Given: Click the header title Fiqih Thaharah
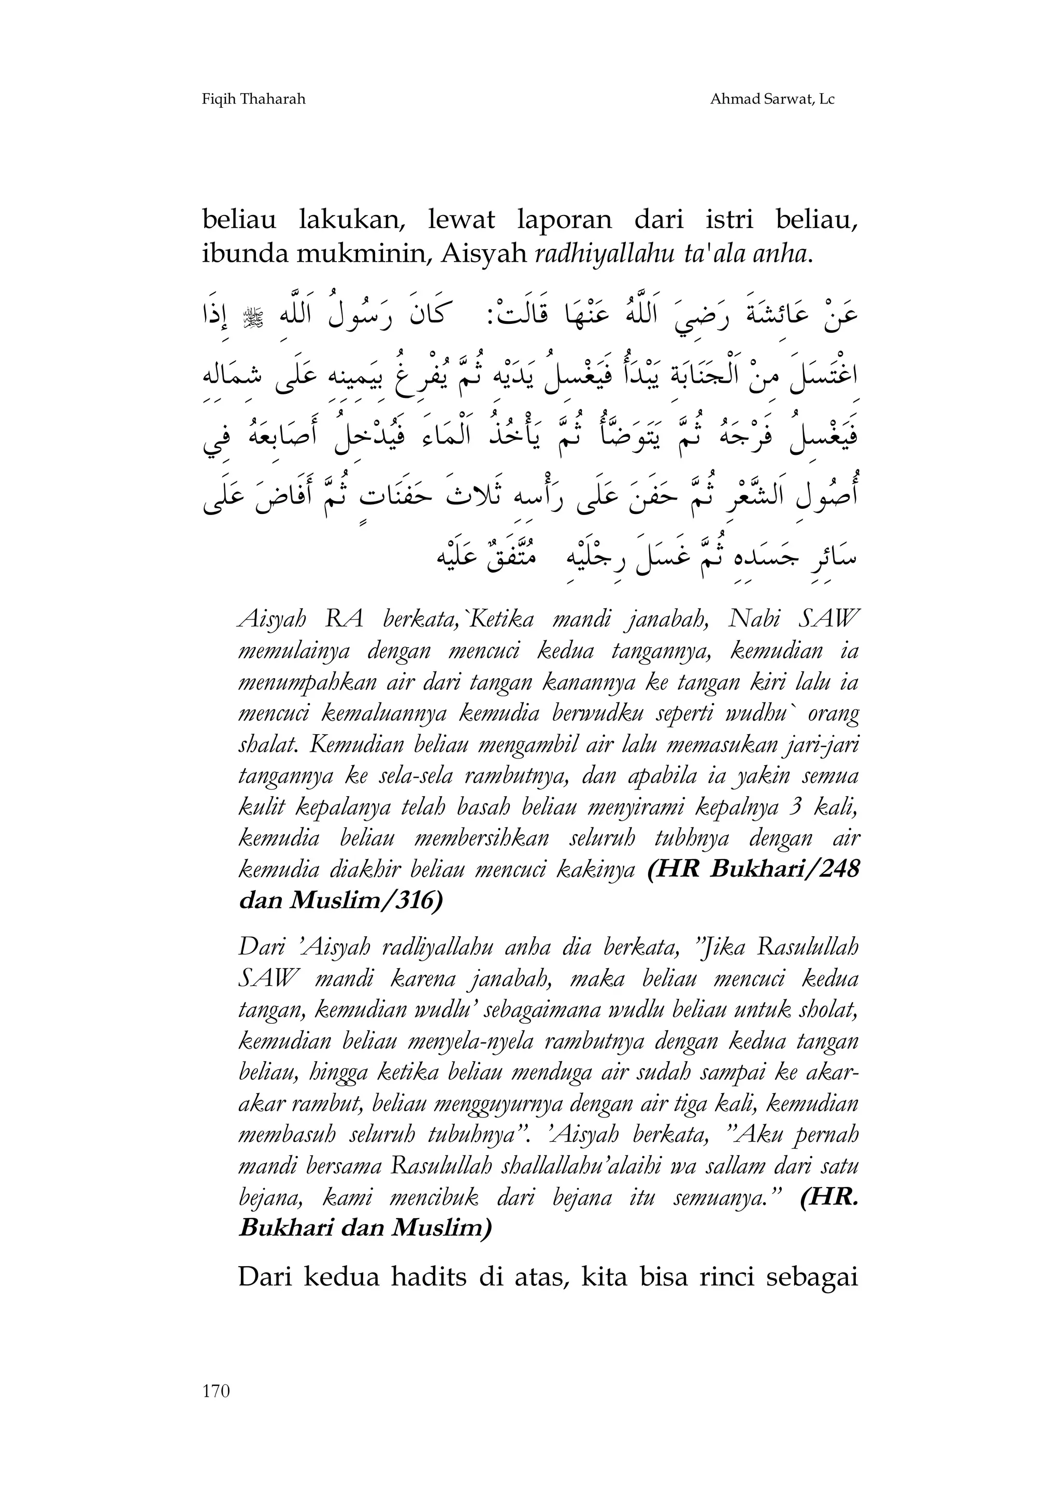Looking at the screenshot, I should pyautogui.click(x=253, y=99).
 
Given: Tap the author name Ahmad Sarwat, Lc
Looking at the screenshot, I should pyautogui.click(x=772, y=99).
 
